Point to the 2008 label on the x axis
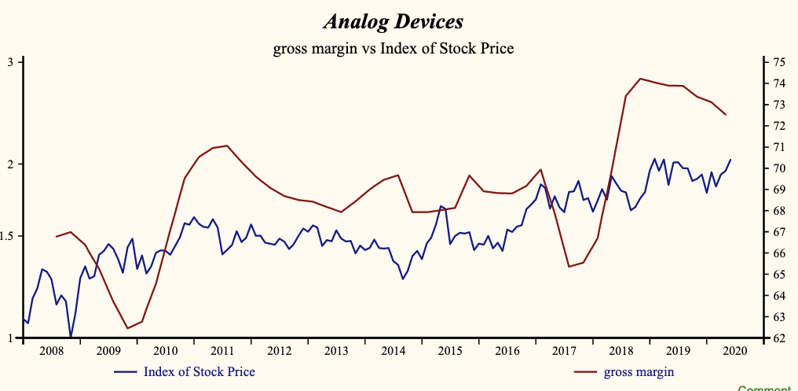50,350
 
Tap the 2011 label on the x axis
221,350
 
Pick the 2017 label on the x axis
563,350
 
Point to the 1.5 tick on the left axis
7,236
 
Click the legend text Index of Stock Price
199,371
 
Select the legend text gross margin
639,371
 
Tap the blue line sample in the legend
126,371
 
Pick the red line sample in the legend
585,371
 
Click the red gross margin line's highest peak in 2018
640,79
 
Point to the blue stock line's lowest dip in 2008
71,337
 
